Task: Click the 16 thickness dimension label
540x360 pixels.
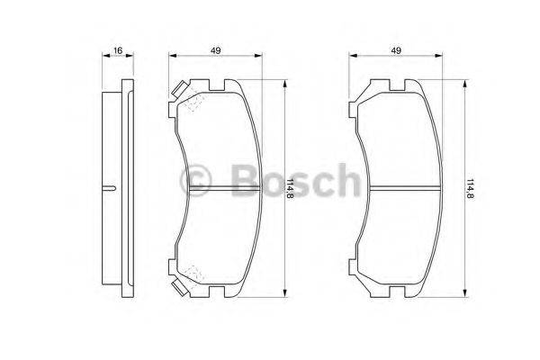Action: (x=118, y=50)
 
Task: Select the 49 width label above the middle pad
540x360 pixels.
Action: (x=218, y=50)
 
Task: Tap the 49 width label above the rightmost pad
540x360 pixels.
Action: (x=395, y=50)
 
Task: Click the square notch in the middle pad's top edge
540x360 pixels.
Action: (x=218, y=86)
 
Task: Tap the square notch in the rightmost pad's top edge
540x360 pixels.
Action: (x=396, y=86)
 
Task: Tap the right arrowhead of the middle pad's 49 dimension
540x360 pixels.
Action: (x=262, y=57)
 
